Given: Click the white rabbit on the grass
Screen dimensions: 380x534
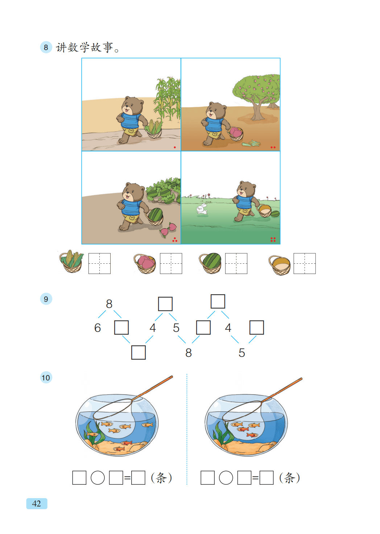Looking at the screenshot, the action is tap(202, 209).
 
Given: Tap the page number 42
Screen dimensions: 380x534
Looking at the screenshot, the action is tap(37, 504).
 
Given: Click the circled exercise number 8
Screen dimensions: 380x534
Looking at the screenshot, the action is tap(46, 47).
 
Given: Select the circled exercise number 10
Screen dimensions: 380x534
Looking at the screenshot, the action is tap(46, 377).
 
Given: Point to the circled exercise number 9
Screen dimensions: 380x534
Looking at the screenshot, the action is tap(46, 299).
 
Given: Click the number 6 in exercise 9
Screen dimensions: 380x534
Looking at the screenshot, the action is tap(98, 328).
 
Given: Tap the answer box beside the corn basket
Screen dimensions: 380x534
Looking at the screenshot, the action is tap(99, 263).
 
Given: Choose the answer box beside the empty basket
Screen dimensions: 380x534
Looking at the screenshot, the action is tap(305, 263).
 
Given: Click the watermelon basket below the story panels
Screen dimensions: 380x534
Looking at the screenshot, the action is tap(210, 263).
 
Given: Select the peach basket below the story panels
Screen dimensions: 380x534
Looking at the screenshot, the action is tap(145, 264).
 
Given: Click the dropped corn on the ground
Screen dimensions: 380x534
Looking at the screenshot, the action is tap(251, 143).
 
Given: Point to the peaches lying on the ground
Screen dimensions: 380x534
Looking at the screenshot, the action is tap(168, 230).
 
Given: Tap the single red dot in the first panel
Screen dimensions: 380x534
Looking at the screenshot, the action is tap(175, 147).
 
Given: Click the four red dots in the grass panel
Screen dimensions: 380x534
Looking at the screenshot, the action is tap(273, 239).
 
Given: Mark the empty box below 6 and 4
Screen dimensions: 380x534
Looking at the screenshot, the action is tap(139, 352).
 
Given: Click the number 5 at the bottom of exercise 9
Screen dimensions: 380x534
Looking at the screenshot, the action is tap(241, 353).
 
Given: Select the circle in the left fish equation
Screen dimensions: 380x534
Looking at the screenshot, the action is tap(98, 477).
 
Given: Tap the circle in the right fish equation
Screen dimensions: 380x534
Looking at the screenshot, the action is tap(226, 477).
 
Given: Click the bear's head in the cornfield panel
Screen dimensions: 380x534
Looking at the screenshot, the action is tap(132, 106).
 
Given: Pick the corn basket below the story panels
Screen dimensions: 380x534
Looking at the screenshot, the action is tap(71, 262).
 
